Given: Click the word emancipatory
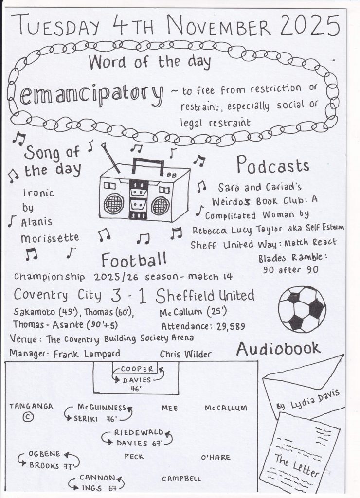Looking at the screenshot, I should pos(91,96).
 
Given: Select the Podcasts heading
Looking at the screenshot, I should pos(272,166).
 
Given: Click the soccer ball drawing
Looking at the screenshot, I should pos(302,309).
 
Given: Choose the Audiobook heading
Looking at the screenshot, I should pos(278,348).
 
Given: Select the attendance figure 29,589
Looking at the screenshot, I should pos(228,326).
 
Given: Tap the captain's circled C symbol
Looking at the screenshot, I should pos(29,417).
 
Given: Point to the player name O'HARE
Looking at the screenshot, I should pos(216,457).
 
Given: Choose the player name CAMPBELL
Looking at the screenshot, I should pos(181,479).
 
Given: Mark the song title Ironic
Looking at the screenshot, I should pos(38,193).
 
